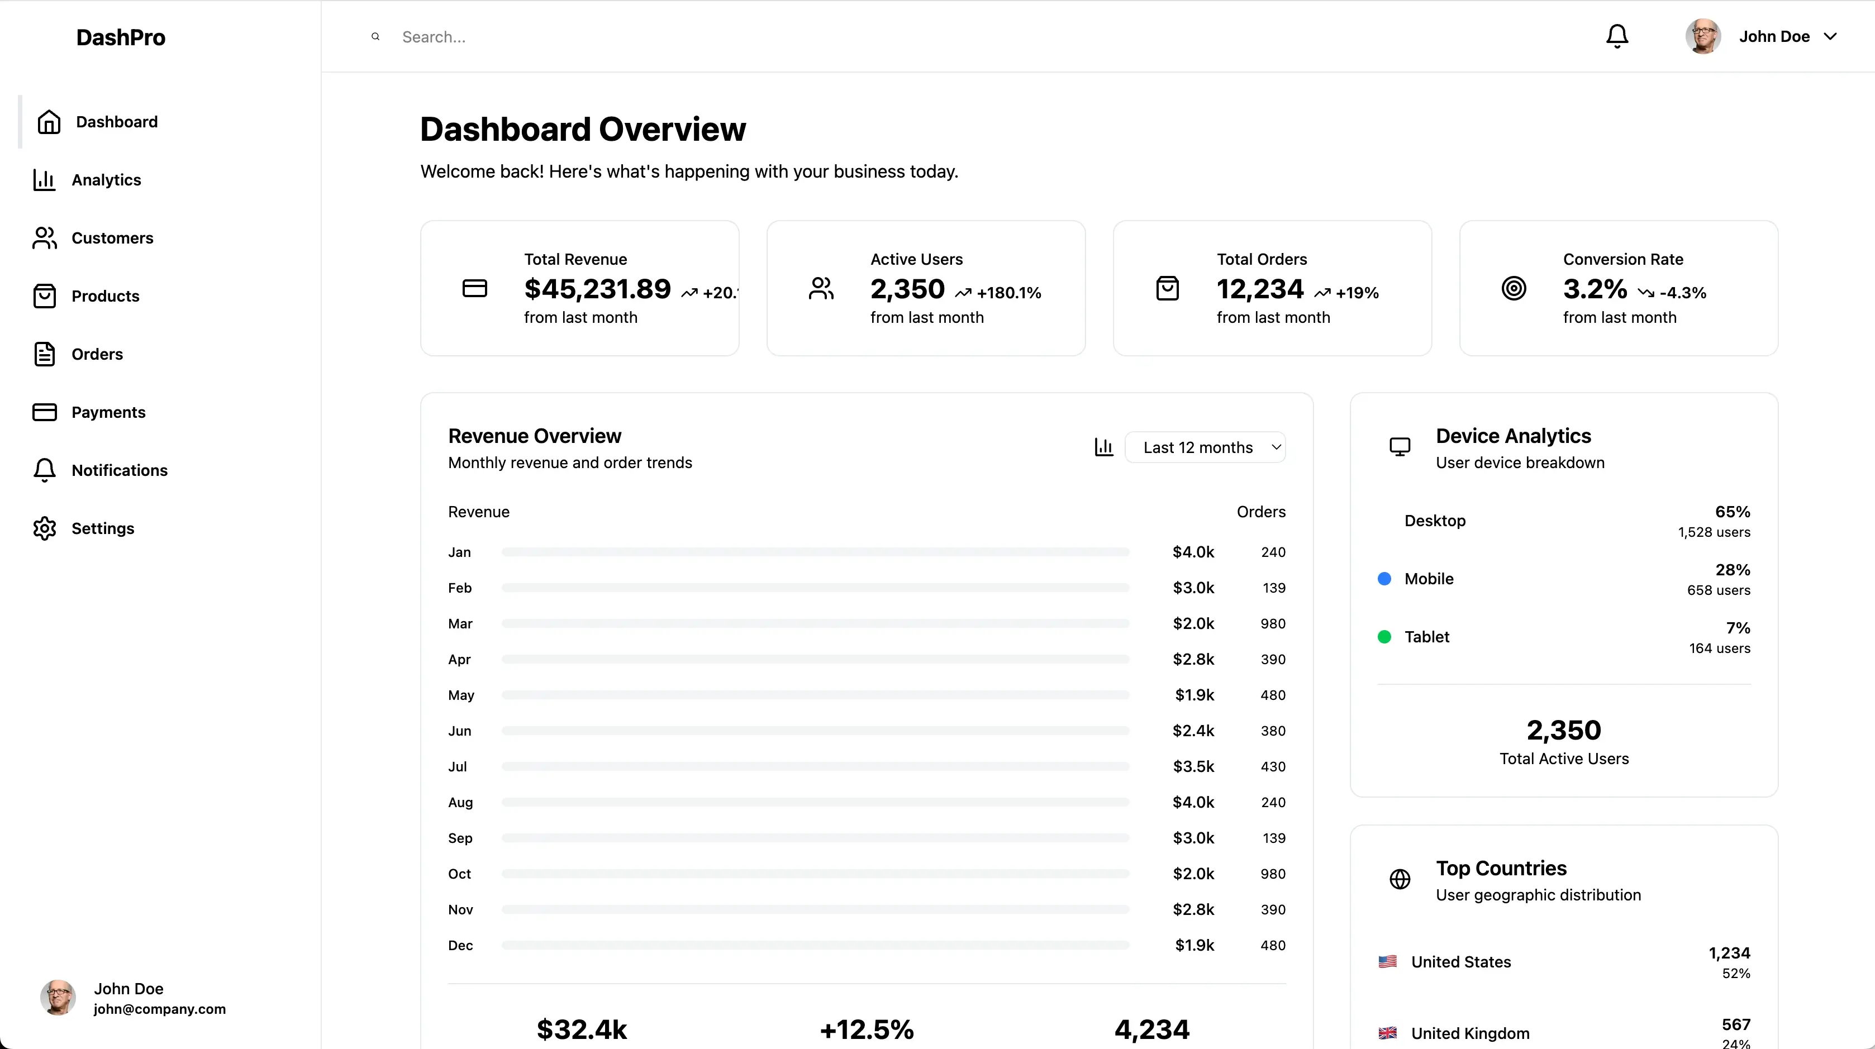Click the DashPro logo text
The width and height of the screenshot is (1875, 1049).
click(x=121, y=37)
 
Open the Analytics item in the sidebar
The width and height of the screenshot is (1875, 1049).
click(x=106, y=180)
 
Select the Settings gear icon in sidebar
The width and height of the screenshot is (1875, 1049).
click(x=44, y=528)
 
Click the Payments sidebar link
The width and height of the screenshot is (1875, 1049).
click(x=108, y=412)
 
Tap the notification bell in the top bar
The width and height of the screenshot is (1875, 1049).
click(x=1617, y=36)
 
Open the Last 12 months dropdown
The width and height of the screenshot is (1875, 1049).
click(x=1205, y=447)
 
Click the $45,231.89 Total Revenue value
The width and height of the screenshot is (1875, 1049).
click(x=597, y=289)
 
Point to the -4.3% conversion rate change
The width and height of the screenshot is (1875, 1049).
click(x=1682, y=293)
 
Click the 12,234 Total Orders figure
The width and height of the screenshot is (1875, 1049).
click(x=1260, y=289)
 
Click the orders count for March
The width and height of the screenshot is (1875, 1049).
click(x=1272, y=623)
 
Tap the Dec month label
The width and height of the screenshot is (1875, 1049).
click(x=460, y=946)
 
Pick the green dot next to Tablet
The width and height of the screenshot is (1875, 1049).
click(x=1384, y=637)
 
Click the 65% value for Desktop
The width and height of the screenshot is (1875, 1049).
click(x=1733, y=512)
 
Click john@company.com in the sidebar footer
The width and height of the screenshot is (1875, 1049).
click(x=159, y=1009)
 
